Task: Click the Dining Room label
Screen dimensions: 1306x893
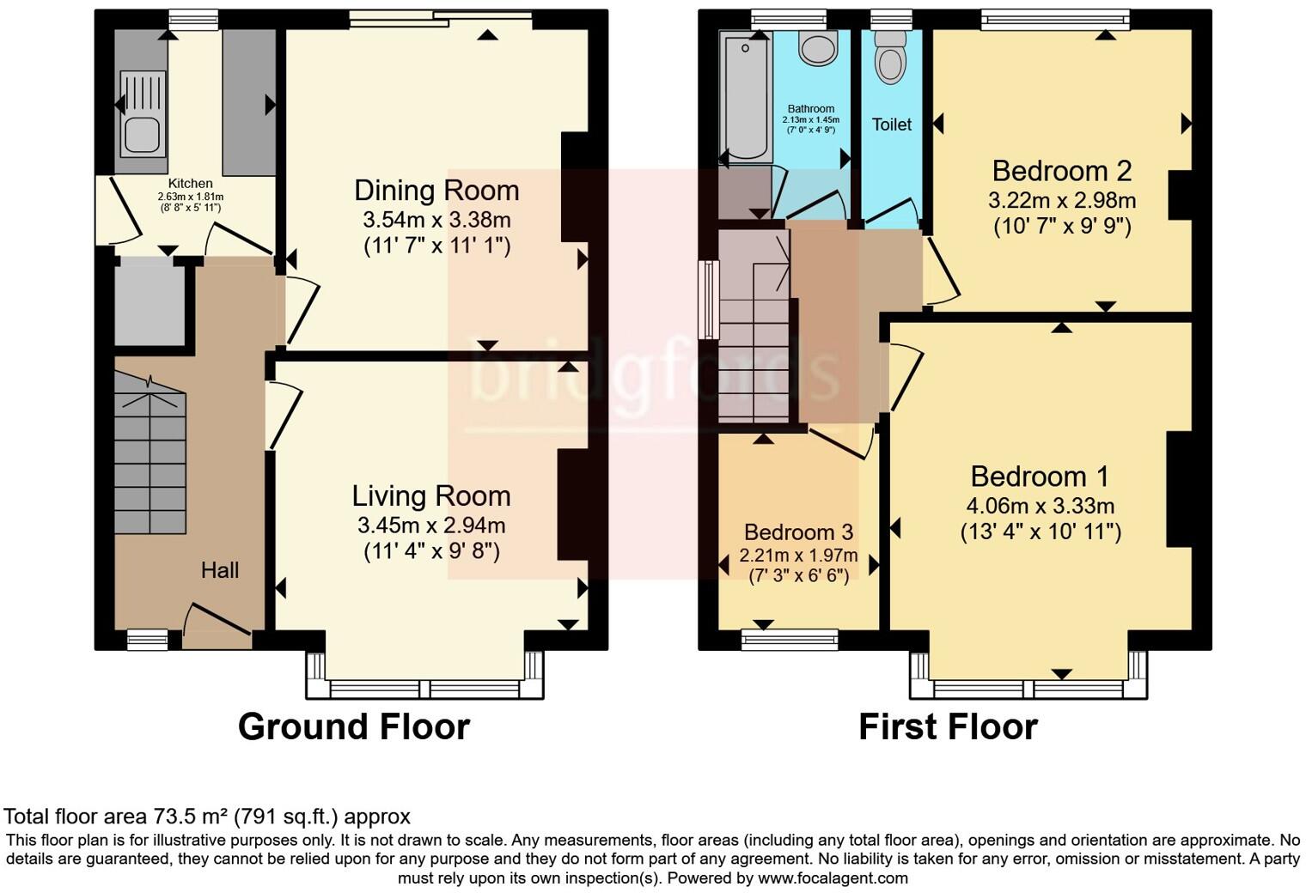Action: pyautogui.click(x=436, y=191)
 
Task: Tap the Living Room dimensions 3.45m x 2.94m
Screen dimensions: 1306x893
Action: pyautogui.click(x=431, y=525)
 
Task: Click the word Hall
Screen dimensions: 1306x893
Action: pyautogui.click(x=220, y=569)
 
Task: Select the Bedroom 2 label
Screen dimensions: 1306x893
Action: pyautogui.click(x=1062, y=171)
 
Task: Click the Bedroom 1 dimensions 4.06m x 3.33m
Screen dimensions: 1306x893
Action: pyautogui.click(x=1041, y=506)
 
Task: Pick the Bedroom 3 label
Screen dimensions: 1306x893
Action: pyautogui.click(x=799, y=532)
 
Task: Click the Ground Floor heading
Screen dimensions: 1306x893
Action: pyautogui.click(x=354, y=726)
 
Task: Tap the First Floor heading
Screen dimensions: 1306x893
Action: pyautogui.click(x=949, y=726)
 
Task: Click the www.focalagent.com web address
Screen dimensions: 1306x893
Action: pyautogui.click(x=833, y=878)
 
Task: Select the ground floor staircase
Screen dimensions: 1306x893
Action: pyautogui.click(x=150, y=453)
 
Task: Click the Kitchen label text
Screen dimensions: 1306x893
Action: pyautogui.click(x=190, y=184)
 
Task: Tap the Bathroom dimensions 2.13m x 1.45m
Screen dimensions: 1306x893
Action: pyautogui.click(x=811, y=120)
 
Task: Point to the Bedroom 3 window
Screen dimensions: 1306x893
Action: pyautogui.click(x=790, y=641)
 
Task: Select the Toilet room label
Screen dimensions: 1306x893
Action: pyautogui.click(x=892, y=125)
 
